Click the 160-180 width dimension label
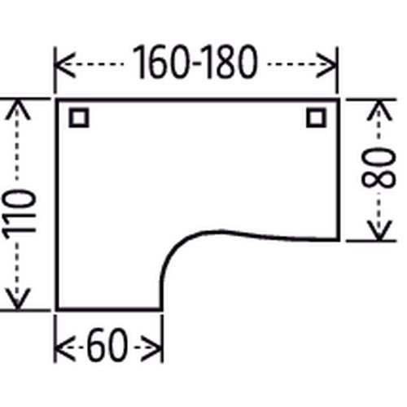(195, 63)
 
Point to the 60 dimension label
(107, 345)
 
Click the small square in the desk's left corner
(79, 118)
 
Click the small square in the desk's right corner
(317, 118)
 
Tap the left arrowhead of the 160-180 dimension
(64, 64)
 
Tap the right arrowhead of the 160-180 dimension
(326, 64)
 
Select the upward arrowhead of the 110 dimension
(17, 110)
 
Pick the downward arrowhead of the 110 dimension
(17, 299)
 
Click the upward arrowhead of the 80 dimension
(379, 111)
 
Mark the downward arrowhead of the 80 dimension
(379, 230)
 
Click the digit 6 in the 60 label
(98, 345)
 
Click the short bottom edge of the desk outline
(109, 309)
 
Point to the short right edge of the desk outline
(338, 170)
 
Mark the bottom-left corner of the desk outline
(57, 309)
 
